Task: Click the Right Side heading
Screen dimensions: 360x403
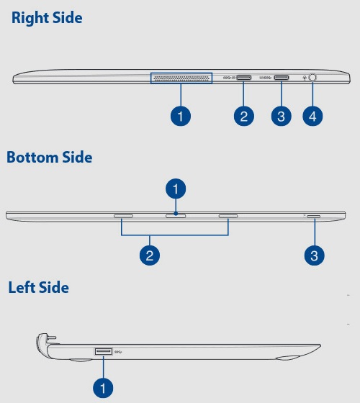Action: click(47, 18)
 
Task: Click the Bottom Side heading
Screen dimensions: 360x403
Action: click(50, 157)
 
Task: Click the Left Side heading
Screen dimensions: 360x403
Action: click(39, 287)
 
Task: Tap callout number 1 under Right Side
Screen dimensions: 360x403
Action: click(181, 116)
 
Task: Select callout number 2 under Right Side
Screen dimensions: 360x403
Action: click(244, 116)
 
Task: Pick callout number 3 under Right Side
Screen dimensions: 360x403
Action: click(282, 116)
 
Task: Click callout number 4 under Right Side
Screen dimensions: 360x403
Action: click(312, 116)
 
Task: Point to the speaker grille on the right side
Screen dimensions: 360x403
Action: click(181, 78)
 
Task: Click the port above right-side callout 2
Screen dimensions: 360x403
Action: click(244, 78)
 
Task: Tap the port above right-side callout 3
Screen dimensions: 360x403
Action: click(282, 78)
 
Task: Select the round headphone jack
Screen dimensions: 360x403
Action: click(312, 78)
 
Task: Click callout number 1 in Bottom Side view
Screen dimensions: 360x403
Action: click(176, 189)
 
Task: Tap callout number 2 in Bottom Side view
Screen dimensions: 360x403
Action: click(150, 255)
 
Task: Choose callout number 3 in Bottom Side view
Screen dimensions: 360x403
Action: click(314, 255)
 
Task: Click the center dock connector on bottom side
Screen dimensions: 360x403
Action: click(176, 216)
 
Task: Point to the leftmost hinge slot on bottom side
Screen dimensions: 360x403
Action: click(123, 216)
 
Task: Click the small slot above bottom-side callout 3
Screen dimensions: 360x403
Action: click(314, 217)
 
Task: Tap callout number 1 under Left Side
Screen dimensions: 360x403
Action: click(103, 388)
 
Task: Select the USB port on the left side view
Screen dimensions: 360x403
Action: click(104, 351)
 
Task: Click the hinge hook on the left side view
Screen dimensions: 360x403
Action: click(46, 339)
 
